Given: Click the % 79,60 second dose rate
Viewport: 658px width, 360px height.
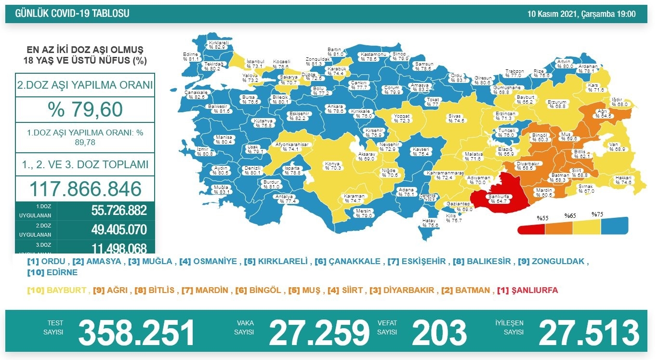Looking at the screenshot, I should tap(85, 109).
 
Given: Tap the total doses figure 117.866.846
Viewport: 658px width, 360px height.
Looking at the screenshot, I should tap(85, 188).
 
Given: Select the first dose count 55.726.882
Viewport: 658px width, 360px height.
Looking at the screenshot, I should tap(118, 210).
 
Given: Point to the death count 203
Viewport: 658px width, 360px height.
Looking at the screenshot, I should tap(439, 333).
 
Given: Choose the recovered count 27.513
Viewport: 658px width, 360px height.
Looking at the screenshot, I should tap(589, 333).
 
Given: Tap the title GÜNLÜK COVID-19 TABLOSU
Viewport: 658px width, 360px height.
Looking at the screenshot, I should tap(72, 14).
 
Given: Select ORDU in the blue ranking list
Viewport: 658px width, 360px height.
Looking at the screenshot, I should tap(53, 262).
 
